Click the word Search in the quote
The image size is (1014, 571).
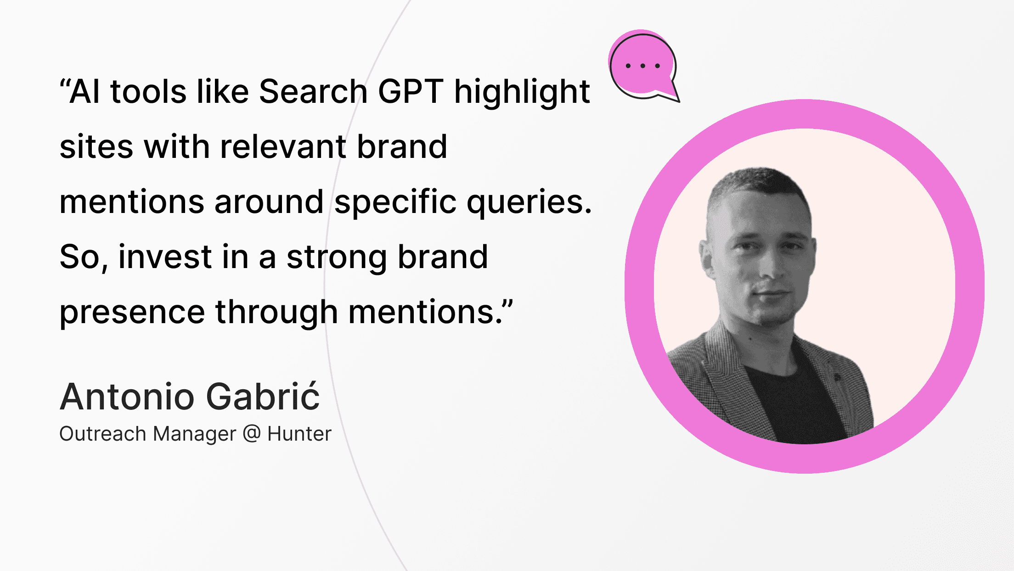tap(313, 91)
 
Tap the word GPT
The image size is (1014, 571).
tap(411, 91)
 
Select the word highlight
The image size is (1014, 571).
tap(522, 94)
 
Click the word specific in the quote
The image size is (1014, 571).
tap(395, 202)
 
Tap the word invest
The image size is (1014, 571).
tap(165, 257)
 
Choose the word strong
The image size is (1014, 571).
tap(337, 259)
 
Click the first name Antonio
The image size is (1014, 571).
tap(127, 397)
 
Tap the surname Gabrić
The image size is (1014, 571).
tap(263, 396)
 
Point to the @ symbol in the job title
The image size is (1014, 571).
tap(252, 434)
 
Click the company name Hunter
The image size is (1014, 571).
tap(299, 434)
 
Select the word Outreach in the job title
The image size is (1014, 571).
tap(103, 434)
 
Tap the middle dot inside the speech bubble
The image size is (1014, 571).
tap(643, 66)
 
